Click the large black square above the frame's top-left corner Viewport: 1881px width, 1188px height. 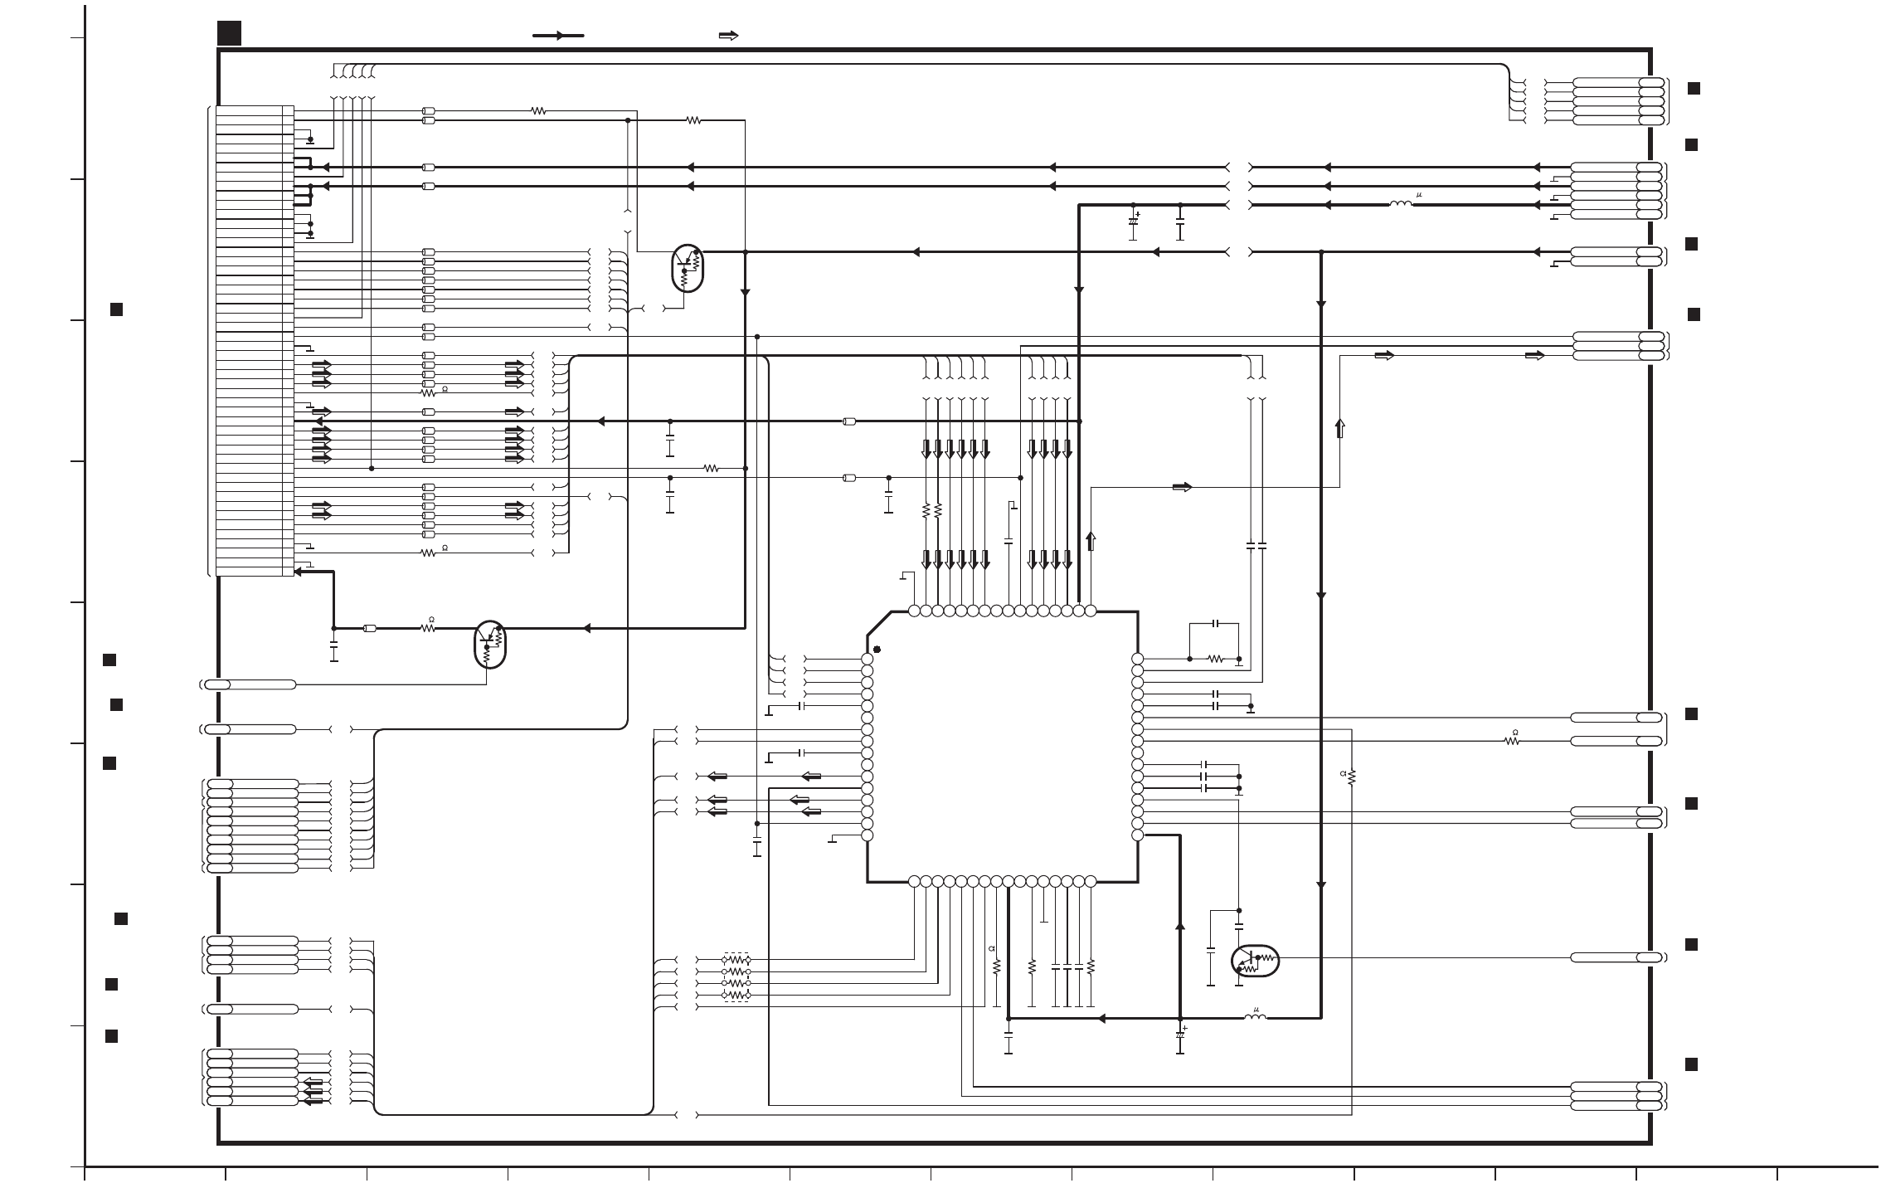(230, 33)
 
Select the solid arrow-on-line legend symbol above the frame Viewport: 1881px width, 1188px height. (558, 36)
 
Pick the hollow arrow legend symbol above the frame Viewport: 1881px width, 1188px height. (728, 36)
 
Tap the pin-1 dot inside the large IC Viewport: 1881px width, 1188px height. (877, 650)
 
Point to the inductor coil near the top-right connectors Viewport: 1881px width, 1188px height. (1401, 204)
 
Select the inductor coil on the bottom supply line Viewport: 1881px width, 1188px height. (1256, 1017)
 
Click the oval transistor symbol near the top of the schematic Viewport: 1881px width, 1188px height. (687, 268)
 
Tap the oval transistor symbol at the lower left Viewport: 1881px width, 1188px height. (490, 644)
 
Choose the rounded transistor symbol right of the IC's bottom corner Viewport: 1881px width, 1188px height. (1255, 961)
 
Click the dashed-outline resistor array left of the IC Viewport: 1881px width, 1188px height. (736, 976)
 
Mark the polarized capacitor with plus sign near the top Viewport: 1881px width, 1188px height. (1133, 222)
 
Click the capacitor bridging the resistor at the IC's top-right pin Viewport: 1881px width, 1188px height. (1216, 623)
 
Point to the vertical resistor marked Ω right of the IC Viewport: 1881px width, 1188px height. (1352, 777)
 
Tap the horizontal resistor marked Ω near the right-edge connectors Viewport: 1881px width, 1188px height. (1512, 741)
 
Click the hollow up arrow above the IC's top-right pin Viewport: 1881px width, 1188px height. (1091, 542)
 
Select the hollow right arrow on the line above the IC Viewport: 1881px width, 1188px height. (1182, 487)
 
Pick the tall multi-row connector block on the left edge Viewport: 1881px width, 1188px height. (254, 340)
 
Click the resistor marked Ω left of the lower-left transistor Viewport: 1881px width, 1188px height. (428, 628)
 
